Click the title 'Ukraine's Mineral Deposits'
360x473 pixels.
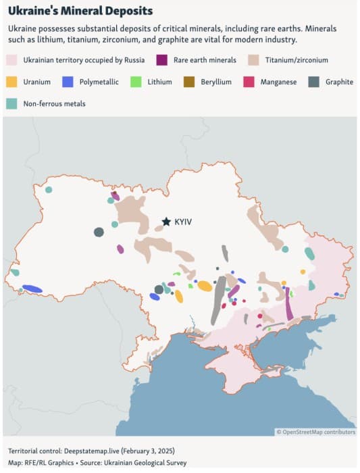[80, 11]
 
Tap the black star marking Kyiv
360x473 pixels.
[165, 221]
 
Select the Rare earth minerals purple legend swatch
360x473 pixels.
[163, 60]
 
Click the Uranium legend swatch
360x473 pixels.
[11, 82]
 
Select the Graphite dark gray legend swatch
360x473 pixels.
[314, 82]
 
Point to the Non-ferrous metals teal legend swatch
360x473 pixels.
[11, 103]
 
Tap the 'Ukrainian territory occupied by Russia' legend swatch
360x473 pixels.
[11, 60]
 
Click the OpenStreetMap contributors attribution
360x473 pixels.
[315, 431]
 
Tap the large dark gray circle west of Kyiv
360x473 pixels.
[99, 232]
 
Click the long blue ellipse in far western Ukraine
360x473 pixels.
[32, 289]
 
